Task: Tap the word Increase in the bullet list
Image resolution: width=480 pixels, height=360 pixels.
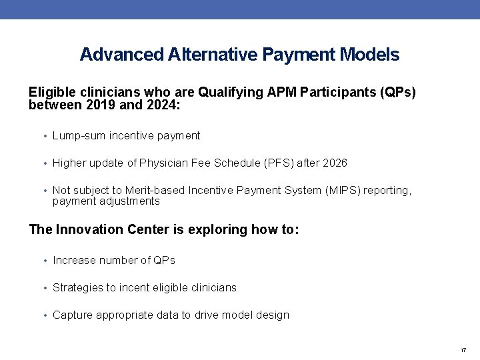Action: (74, 261)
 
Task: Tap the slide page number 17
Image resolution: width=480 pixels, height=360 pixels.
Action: (463, 350)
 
